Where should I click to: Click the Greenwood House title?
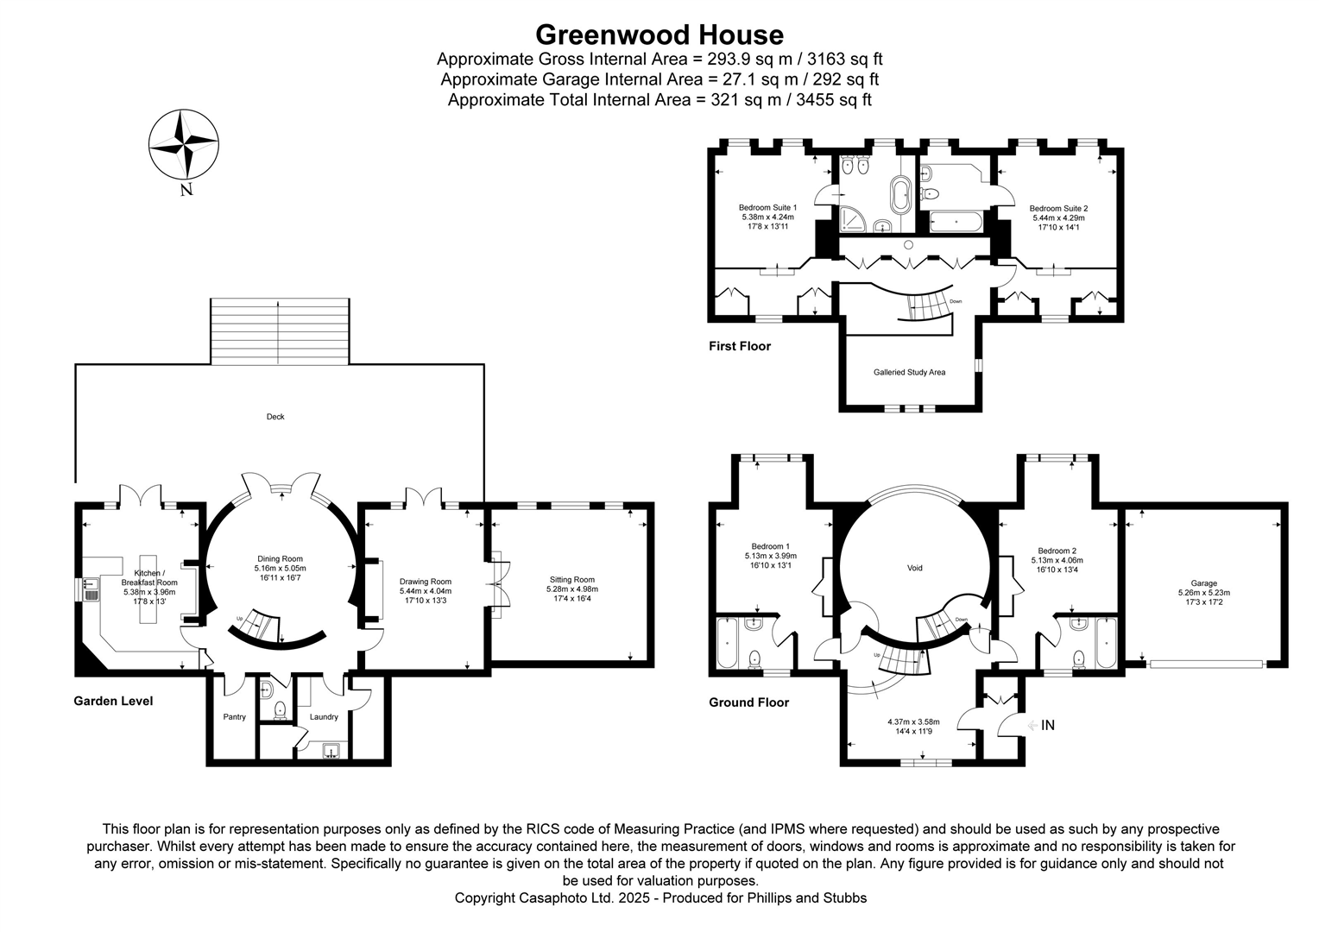pos(659,35)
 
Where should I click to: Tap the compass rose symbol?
pos(183,142)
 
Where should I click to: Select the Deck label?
pos(275,417)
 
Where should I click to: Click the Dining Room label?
pos(280,558)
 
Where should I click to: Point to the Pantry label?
pos(234,717)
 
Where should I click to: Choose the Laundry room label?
pos(324,717)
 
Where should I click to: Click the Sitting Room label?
pos(572,580)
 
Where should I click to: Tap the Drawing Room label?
pos(426,582)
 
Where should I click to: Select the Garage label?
pos(1203,583)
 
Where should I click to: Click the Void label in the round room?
pos(915,568)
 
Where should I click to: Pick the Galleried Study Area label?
pos(909,373)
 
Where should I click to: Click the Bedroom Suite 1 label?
pos(767,208)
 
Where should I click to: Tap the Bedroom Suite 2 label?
pos(1058,209)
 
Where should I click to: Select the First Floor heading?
pos(740,346)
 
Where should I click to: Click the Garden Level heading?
pos(113,701)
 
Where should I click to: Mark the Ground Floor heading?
pos(748,702)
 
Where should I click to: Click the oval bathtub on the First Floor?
pos(901,196)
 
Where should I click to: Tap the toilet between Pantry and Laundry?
pos(279,710)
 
